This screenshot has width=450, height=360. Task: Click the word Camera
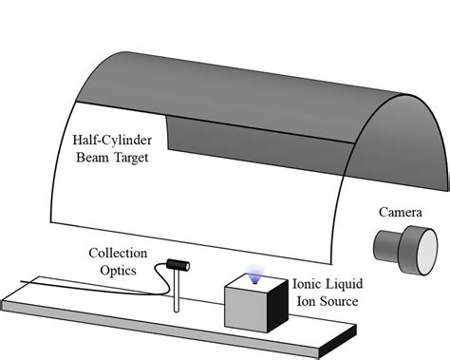pos(401,183)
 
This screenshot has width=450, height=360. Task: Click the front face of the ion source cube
pos(246,314)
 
